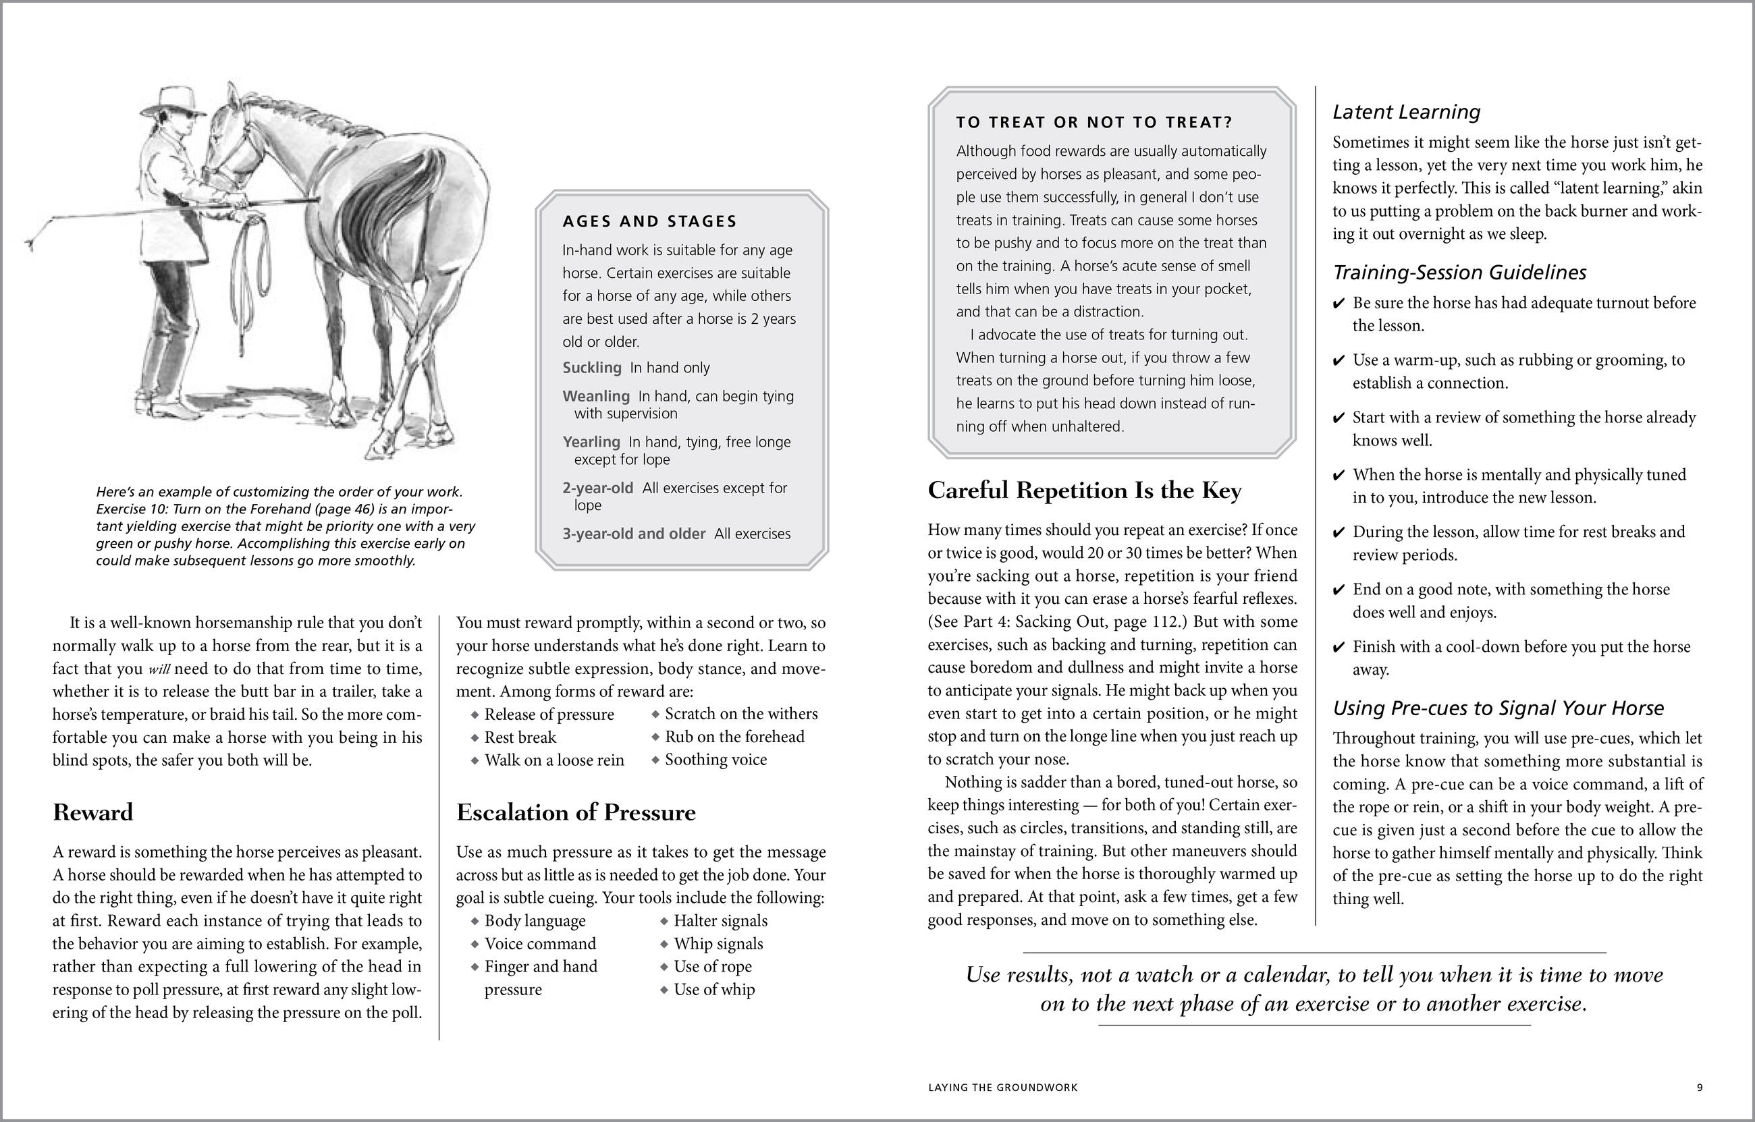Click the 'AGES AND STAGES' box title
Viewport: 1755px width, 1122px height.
click(649, 221)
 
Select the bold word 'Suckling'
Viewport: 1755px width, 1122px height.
click(592, 368)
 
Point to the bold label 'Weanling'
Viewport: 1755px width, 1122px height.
click(595, 396)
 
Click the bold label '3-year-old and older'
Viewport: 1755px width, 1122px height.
click(633, 534)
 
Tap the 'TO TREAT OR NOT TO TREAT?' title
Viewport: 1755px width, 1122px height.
click(1094, 122)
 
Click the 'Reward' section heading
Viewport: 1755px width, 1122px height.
click(92, 812)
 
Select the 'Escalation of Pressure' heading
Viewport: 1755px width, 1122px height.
click(576, 812)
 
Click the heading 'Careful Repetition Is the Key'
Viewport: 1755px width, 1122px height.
click(1084, 490)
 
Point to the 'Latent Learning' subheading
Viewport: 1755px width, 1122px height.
click(1406, 112)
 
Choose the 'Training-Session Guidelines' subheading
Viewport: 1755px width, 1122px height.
click(1459, 273)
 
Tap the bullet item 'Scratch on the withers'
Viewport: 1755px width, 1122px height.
click(740, 714)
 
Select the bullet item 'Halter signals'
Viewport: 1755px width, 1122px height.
click(720, 921)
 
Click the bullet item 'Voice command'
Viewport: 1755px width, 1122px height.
click(539, 945)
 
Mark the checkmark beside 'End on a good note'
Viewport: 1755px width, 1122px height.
click(1338, 590)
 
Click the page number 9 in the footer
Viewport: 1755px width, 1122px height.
click(1700, 1088)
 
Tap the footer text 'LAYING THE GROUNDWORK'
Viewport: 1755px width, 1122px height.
click(1002, 1088)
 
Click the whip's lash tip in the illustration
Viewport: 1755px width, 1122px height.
click(30, 245)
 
